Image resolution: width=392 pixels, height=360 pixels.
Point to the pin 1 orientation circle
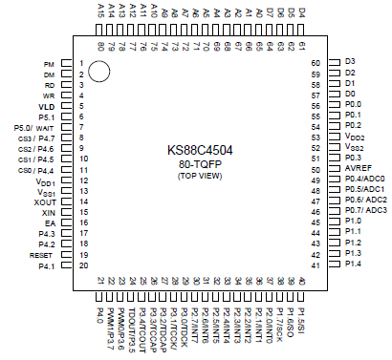pyautogui.click(x=101, y=70)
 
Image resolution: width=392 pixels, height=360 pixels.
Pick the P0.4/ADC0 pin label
pyautogui.click(x=364, y=178)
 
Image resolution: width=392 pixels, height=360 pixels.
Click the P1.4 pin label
pyautogui.click(x=352, y=264)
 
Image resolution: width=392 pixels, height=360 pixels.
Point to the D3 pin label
pyautogui.click(x=349, y=62)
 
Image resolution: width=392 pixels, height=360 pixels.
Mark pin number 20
pyautogui.click(x=83, y=265)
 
